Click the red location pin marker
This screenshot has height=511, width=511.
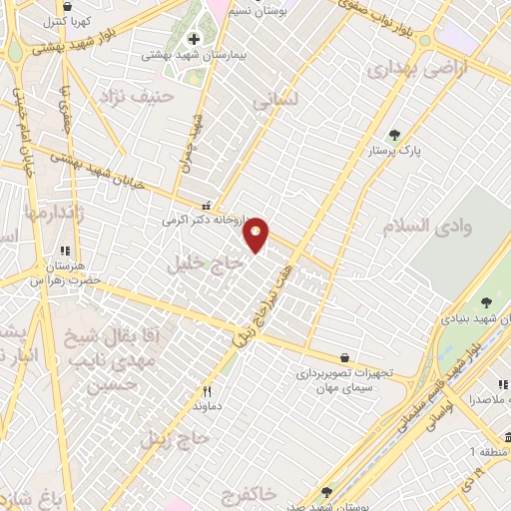tap(257, 234)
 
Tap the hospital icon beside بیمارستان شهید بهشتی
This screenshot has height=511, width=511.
tap(193, 39)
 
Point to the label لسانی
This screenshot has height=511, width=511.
tap(276, 101)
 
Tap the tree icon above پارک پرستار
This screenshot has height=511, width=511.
tap(394, 134)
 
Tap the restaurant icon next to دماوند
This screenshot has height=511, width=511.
tap(207, 392)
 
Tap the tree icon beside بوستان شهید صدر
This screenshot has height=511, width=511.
tap(326, 491)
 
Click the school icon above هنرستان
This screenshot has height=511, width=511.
tap(66, 252)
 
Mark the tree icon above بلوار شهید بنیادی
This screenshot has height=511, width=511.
tap(486, 302)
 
